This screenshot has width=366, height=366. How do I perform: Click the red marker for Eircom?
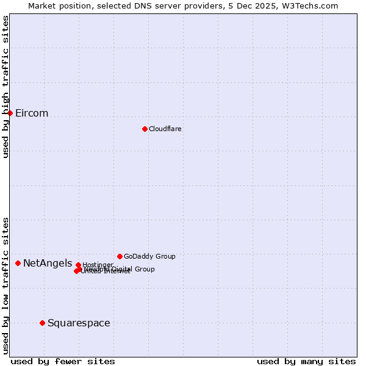click(10, 113)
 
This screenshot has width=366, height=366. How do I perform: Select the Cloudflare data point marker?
click(145, 129)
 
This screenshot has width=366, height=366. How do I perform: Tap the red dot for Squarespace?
click(42, 323)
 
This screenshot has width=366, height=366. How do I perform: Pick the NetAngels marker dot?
click(18, 263)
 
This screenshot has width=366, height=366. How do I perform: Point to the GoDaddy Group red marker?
click(120, 256)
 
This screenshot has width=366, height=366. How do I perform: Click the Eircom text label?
click(32, 113)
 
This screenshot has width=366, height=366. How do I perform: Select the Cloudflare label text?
click(165, 129)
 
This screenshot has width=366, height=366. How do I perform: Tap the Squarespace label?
click(79, 323)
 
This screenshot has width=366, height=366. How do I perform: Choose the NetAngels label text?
click(48, 263)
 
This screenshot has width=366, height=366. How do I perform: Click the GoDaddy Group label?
click(149, 256)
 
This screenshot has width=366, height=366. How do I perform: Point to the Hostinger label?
click(98, 265)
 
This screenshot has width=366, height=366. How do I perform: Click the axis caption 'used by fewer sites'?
click(63, 361)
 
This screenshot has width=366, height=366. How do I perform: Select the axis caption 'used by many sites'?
click(306, 361)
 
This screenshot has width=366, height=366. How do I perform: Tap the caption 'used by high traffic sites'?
click(5, 87)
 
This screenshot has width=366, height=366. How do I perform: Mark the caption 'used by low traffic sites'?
click(5, 285)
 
